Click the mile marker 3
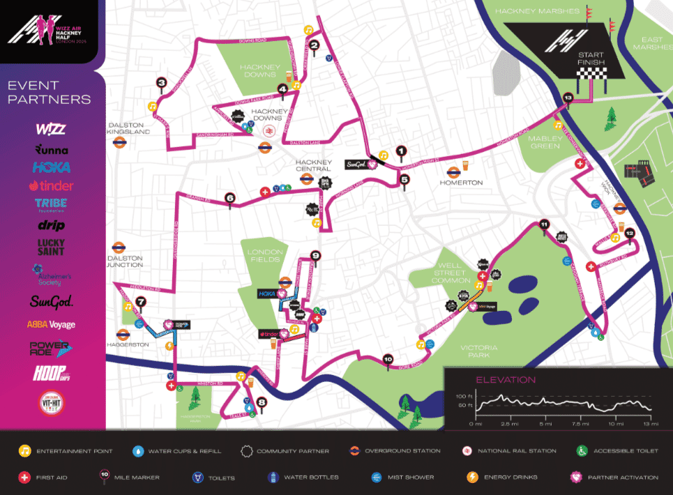pyautogui.click(x=162, y=82)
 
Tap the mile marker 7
pyautogui.click(x=142, y=302)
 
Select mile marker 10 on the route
pyautogui.click(x=388, y=359)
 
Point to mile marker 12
pyautogui.click(x=630, y=233)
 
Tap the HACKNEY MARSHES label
pyautogui.click(x=547, y=11)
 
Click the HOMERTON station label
pyautogui.click(x=461, y=182)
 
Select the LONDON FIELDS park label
pyautogui.click(x=265, y=255)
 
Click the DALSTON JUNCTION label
pyautogui.click(x=126, y=261)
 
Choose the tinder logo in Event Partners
pyautogui.click(x=51, y=185)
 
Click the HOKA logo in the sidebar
pyautogui.click(x=51, y=167)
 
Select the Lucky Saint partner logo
pyautogui.click(x=51, y=247)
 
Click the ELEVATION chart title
pyautogui.click(x=506, y=380)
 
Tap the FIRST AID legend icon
pyautogui.click(x=25, y=478)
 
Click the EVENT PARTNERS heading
pyautogui.click(x=49, y=92)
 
